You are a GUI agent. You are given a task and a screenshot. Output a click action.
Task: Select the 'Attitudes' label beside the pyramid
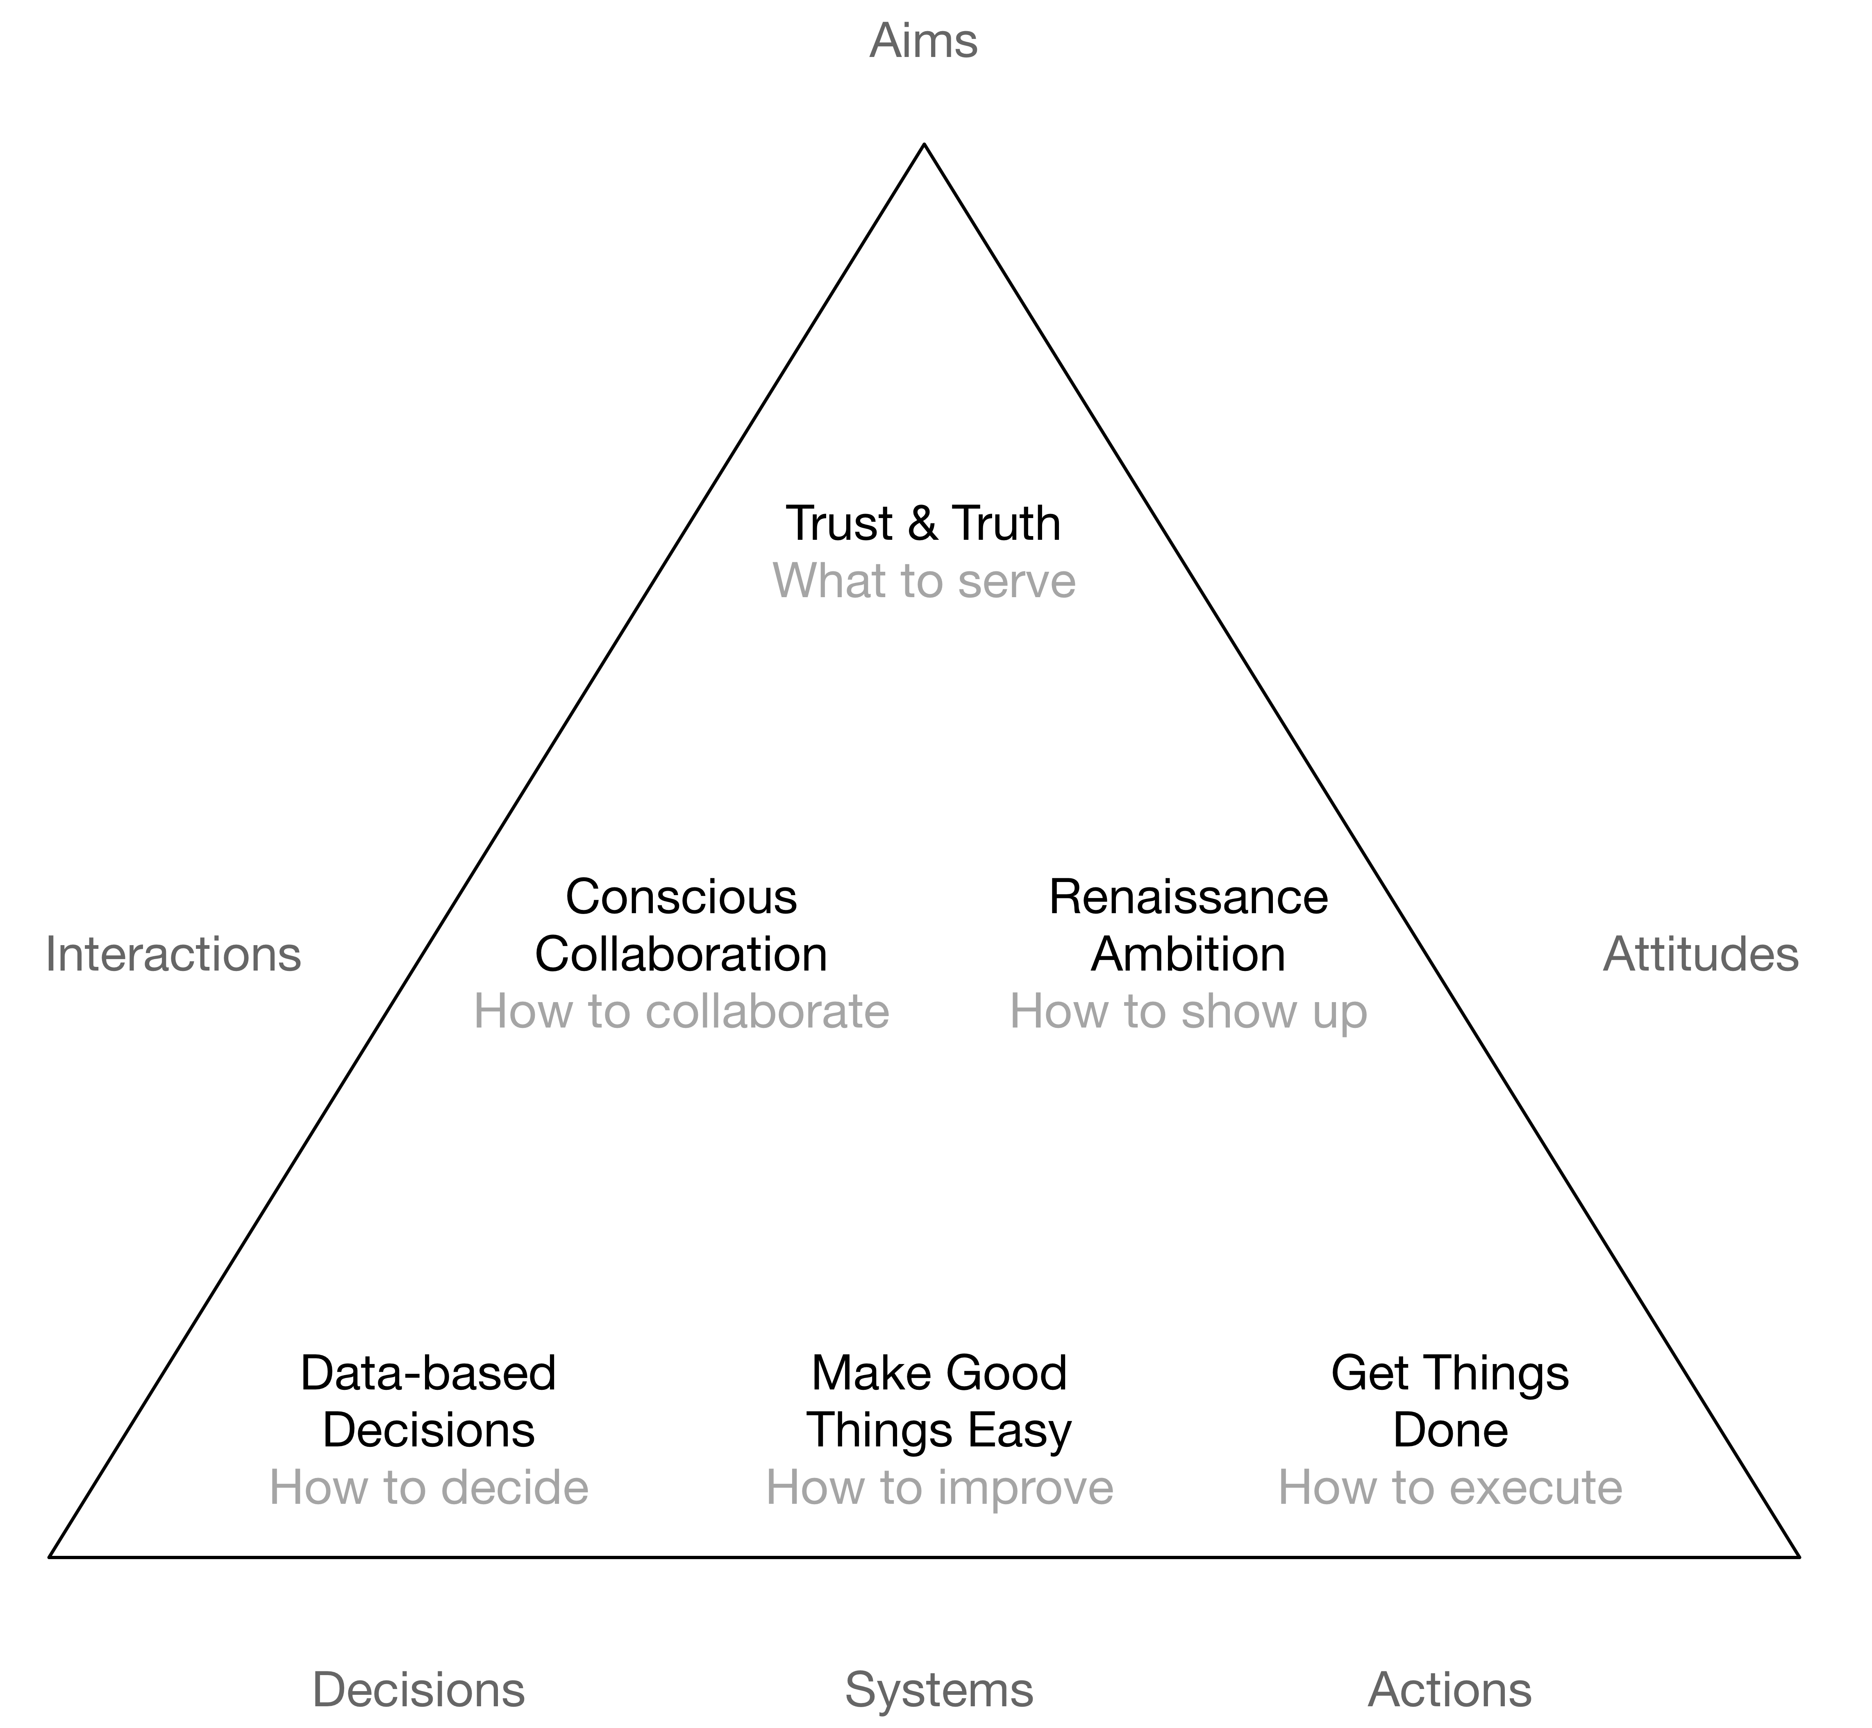point(1700,955)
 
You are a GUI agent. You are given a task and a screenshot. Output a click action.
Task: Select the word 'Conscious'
point(681,897)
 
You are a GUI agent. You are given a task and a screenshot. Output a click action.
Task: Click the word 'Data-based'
point(428,1373)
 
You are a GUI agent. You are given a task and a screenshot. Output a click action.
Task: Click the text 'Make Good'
point(939,1373)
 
